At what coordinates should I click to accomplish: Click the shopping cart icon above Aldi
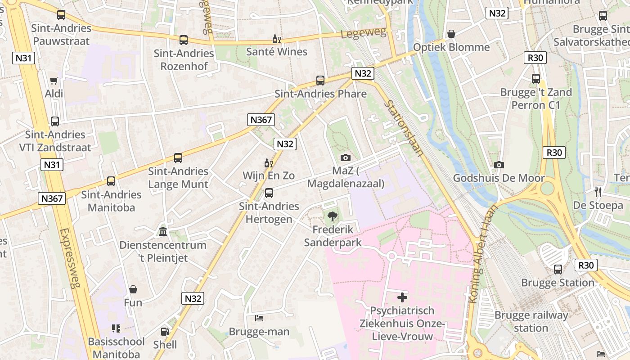tap(54, 81)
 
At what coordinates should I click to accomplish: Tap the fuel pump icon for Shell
tap(165, 332)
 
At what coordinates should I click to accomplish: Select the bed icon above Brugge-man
tap(259, 318)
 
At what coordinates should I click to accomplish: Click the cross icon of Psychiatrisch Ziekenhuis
tap(402, 297)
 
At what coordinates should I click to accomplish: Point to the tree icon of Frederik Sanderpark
tap(333, 217)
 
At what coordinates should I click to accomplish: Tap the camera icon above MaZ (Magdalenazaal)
tap(346, 157)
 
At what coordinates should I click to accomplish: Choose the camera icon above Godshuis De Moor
tap(499, 165)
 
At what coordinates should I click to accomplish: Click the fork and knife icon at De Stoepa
tap(598, 192)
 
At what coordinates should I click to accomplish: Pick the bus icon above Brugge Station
tap(558, 270)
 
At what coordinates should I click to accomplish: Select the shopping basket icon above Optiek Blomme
tap(451, 34)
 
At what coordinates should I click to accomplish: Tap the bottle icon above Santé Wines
tap(277, 39)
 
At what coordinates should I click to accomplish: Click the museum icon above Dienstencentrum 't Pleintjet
tap(163, 232)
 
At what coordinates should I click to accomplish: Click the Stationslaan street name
tap(404, 128)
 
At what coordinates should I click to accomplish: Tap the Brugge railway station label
tap(531, 321)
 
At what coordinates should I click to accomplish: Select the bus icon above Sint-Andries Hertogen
tap(269, 193)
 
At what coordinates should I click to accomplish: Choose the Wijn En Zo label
tap(269, 175)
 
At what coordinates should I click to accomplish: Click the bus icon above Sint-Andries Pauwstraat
tap(61, 15)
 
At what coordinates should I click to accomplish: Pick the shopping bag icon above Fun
tap(133, 289)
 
